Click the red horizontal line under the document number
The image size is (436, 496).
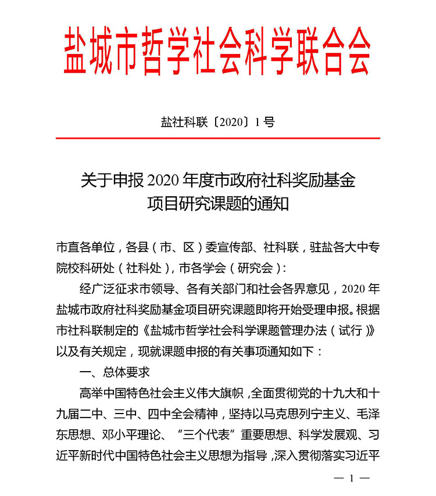(x=218, y=138)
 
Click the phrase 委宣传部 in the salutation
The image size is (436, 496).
(x=231, y=247)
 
